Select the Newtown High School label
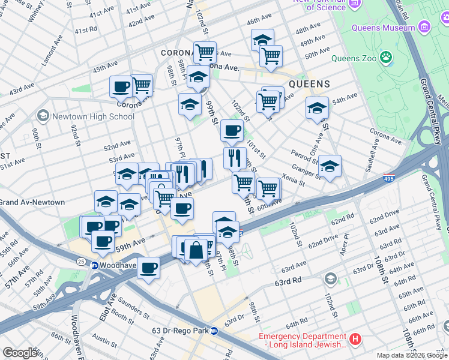[x=93, y=116]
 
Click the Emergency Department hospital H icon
[x=355, y=340]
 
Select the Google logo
[x=20, y=353]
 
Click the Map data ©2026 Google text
[x=411, y=355]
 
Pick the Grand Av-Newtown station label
[x=32, y=202]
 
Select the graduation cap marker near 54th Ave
[x=317, y=109]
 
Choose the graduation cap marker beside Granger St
[x=330, y=166]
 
